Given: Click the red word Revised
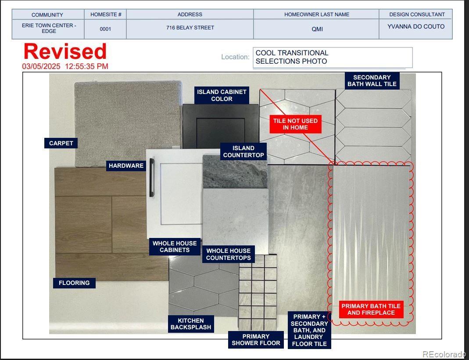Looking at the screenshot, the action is coord(65,51).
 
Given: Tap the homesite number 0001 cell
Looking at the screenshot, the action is coord(105,29).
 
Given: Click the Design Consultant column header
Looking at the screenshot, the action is coord(417,14).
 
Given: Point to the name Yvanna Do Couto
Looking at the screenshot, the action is coord(416,27).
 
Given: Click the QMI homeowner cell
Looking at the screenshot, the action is coord(317,29).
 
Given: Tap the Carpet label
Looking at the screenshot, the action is coord(61,144).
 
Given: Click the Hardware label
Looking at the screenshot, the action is coord(126,166).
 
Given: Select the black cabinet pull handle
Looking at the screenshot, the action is coord(152,177).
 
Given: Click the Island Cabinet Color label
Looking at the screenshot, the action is coord(222,95).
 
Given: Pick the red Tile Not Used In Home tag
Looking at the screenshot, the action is coord(295,124).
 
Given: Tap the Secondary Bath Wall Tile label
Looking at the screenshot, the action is coord(372,81).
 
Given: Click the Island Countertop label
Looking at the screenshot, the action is coord(243,152).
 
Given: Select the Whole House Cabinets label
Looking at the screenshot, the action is coord(175,247).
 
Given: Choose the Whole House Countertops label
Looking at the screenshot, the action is coord(228,254).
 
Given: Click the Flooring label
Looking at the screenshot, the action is coord(74,283).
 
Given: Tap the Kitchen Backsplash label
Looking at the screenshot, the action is coord(191,324).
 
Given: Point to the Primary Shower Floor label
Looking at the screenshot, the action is coord(256,340).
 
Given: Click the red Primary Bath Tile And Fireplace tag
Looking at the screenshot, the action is coord(371,310).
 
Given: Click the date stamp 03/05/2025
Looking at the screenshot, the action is coord(41,66).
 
